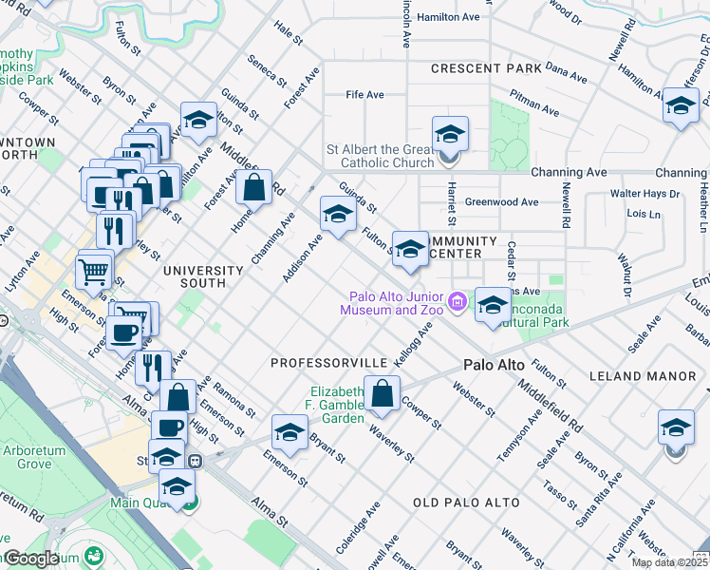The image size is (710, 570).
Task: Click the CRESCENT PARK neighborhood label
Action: [485, 68]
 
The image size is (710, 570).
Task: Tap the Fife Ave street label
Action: [364, 95]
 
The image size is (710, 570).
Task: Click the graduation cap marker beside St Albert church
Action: [451, 133]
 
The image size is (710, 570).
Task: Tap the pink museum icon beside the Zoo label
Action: [458, 302]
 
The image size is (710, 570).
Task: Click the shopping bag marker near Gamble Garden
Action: [382, 394]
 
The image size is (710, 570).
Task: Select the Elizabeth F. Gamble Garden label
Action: [338, 406]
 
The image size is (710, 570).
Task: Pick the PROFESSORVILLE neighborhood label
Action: [328, 364]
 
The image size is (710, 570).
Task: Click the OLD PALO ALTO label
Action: [466, 502]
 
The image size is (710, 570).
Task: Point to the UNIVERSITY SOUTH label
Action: [208, 276]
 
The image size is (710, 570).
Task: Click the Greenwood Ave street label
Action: [501, 202]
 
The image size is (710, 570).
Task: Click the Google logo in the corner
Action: [30, 559]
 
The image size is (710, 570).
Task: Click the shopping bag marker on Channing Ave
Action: [254, 187]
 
